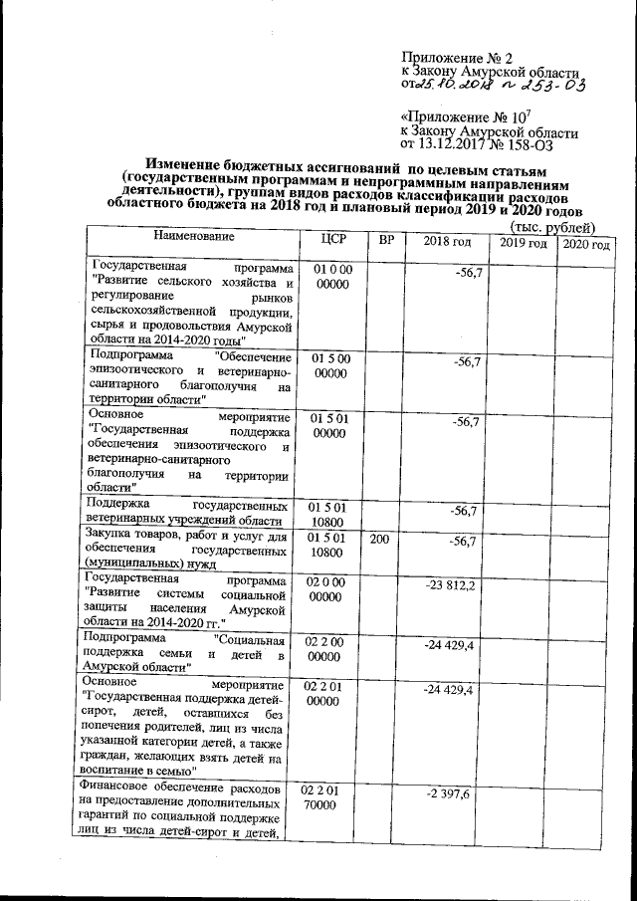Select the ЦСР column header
[x=334, y=241]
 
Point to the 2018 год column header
[x=447, y=243]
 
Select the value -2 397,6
[x=454, y=792]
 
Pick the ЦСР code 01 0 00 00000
[x=334, y=278]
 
